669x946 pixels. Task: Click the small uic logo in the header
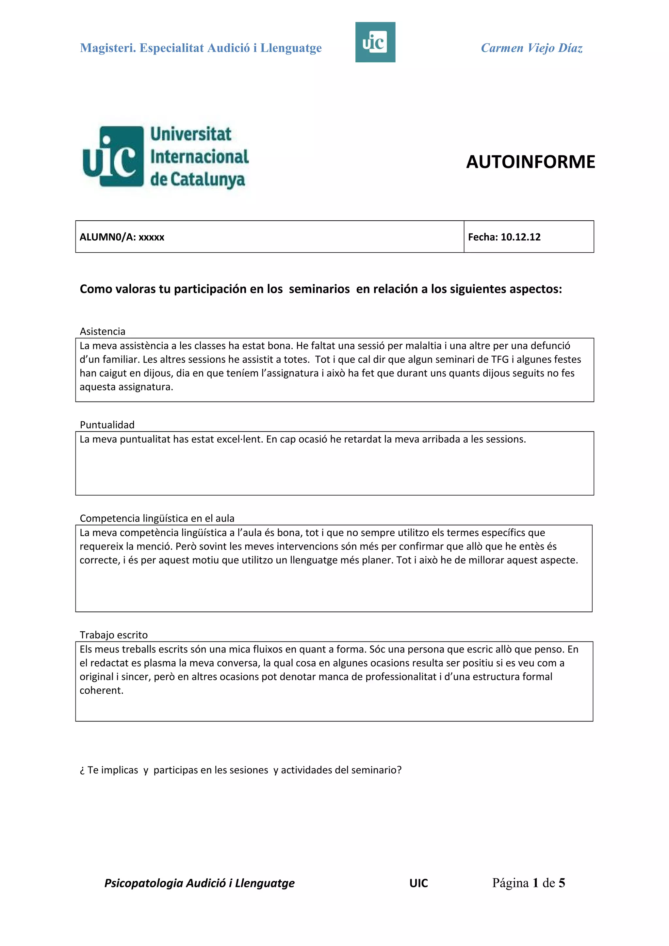pos(375,42)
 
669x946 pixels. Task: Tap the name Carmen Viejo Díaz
pos(531,48)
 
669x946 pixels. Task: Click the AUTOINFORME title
pos(530,162)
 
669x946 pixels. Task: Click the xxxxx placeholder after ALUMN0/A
pos(151,237)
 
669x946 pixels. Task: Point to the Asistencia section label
pos(102,331)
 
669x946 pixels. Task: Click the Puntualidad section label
pos(107,425)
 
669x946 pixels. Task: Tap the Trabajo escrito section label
pos(113,635)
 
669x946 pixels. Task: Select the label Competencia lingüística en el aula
pos(157,518)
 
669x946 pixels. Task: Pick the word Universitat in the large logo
pos(190,134)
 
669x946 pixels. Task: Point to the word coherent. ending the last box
pos(101,690)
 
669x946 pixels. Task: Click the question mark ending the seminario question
pos(399,770)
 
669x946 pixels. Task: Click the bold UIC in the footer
pos(418,883)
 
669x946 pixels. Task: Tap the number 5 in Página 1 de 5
pos(562,883)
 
